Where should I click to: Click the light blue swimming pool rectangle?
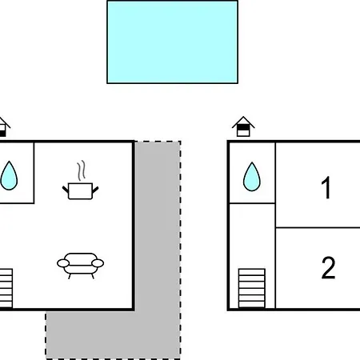[x=172, y=42]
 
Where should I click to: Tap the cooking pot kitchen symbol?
[x=80, y=180]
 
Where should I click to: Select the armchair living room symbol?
[x=80, y=266]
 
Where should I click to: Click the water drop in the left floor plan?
[x=9, y=176]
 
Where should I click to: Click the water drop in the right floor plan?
[x=252, y=177]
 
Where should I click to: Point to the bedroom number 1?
[x=326, y=188]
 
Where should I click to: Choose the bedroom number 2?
[x=328, y=268]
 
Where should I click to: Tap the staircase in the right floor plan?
[x=252, y=288]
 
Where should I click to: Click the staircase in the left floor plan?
[x=6, y=288]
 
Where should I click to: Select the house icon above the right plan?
[x=243, y=126]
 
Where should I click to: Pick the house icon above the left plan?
[x=5, y=127]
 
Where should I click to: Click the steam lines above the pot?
[x=82, y=170]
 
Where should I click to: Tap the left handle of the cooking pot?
[x=66, y=190]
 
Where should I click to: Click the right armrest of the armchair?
[x=98, y=263]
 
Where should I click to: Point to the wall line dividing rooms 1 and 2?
[x=318, y=228]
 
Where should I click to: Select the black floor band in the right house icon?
[x=243, y=127]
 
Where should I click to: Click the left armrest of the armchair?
[x=63, y=263]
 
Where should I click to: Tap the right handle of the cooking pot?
[x=95, y=190]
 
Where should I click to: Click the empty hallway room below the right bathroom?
[x=252, y=234]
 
